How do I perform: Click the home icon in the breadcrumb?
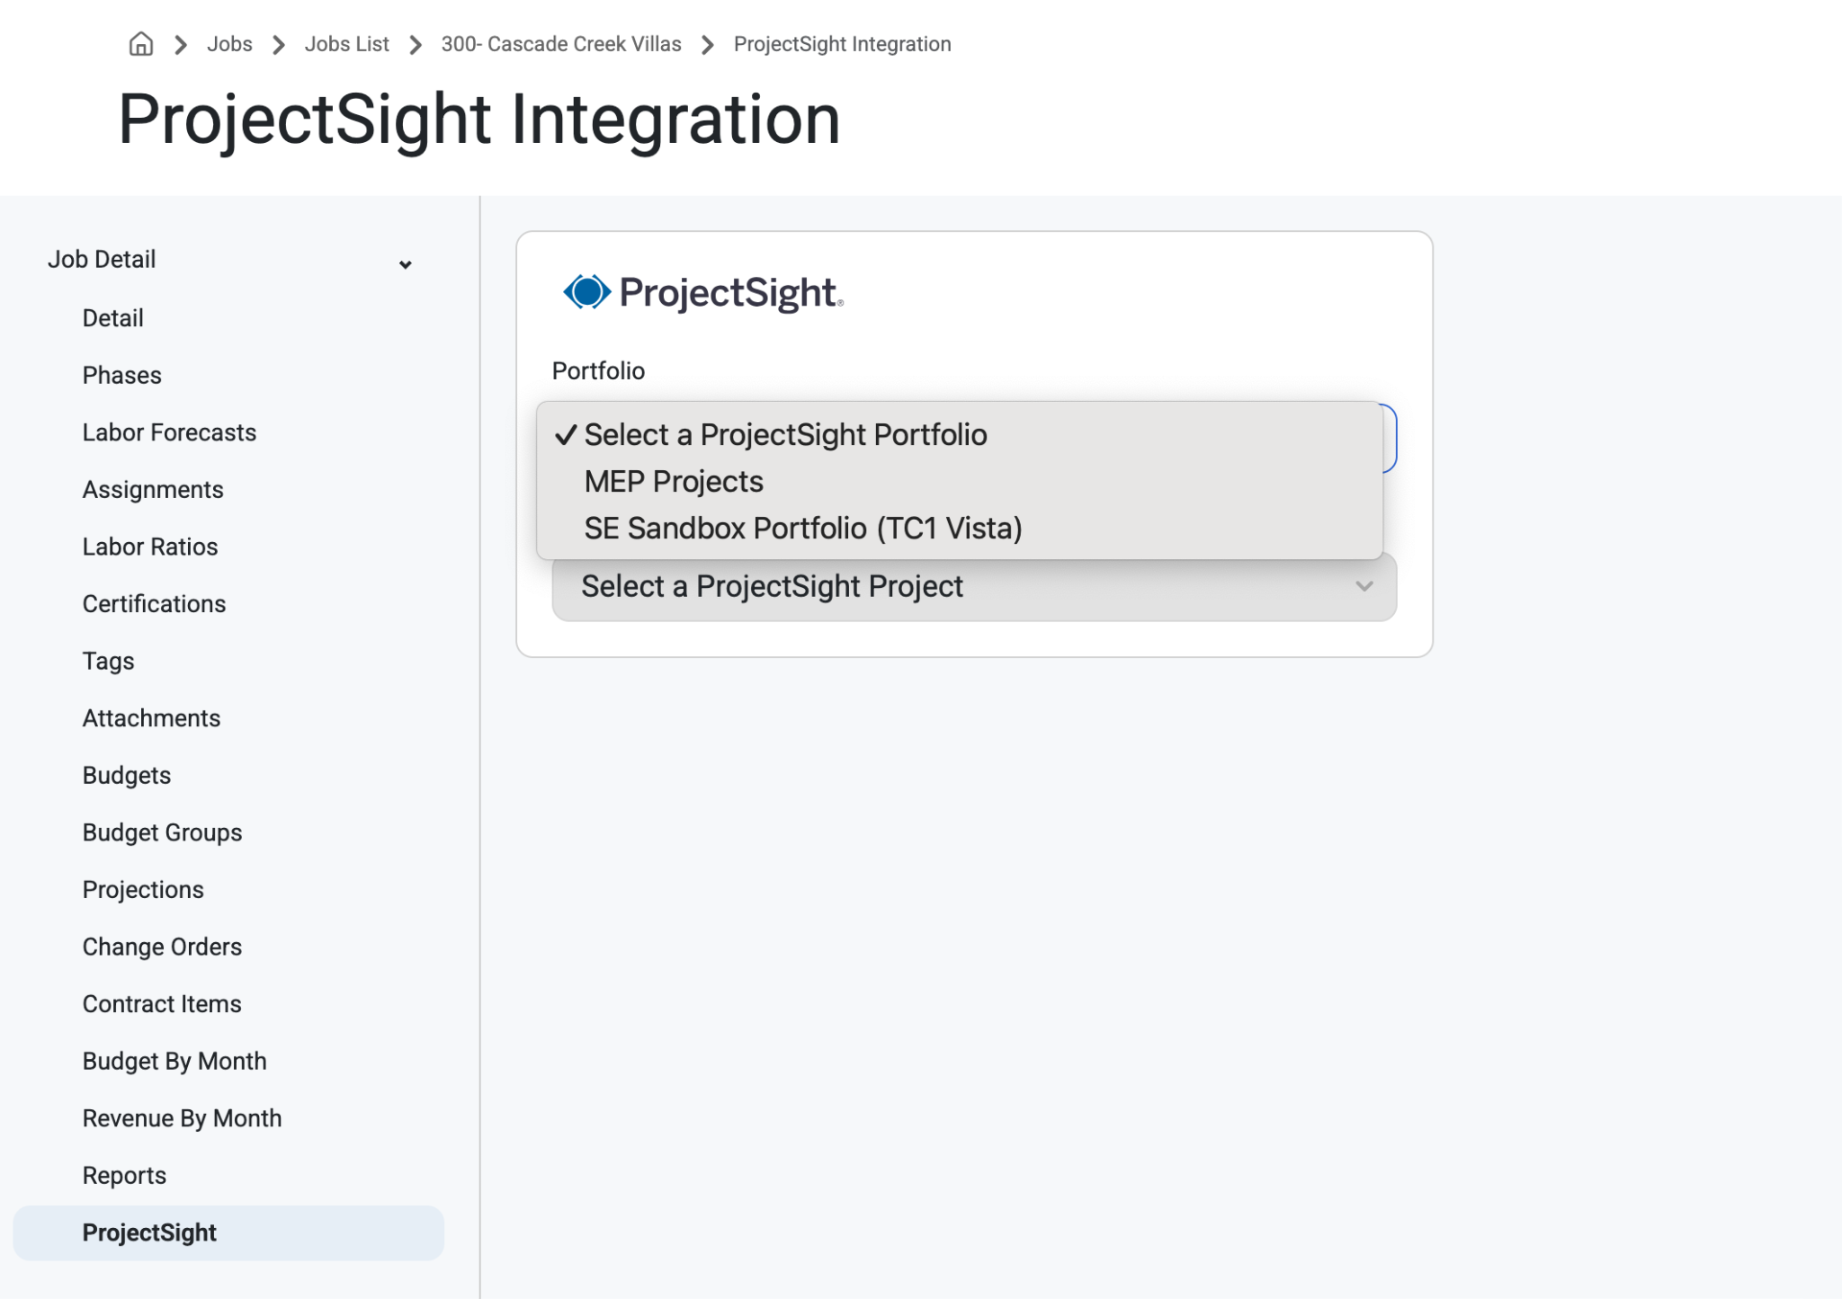[x=141, y=44]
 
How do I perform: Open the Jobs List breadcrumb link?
[x=346, y=44]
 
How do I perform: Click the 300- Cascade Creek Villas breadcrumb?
[x=561, y=44]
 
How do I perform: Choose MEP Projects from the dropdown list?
[x=674, y=482]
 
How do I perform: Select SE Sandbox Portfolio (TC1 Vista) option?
[x=803, y=529]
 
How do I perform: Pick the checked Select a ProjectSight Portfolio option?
[x=785, y=435]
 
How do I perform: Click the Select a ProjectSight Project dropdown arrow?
[x=1364, y=586]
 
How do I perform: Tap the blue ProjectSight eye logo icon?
[x=586, y=291]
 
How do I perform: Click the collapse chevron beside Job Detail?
[x=406, y=264]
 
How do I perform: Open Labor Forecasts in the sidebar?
[x=169, y=432]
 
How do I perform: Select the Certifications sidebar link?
[x=154, y=604]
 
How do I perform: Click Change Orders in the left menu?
[x=162, y=947]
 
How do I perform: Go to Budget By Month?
[x=174, y=1062]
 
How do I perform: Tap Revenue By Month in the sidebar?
[x=182, y=1118]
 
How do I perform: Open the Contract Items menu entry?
[x=162, y=1004]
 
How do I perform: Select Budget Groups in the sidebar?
[x=162, y=832]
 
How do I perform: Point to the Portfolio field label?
[x=598, y=371]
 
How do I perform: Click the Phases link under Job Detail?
[x=121, y=376]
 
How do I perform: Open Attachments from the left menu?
[x=151, y=718]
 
